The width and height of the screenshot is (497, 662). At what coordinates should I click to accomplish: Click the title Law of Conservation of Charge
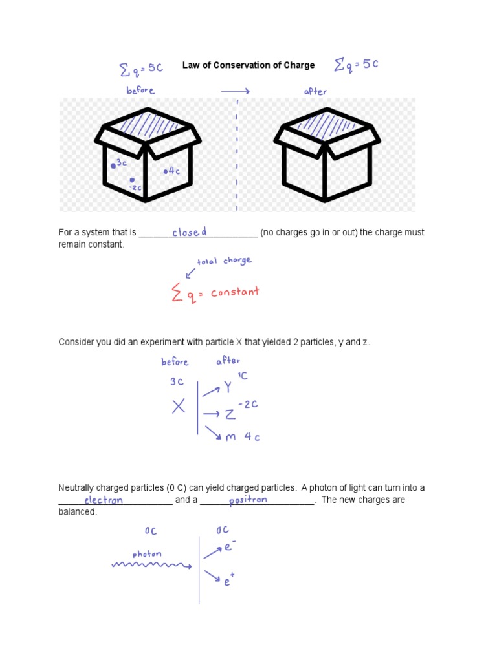[248, 65]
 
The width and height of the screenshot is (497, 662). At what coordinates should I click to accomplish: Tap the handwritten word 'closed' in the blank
[189, 232]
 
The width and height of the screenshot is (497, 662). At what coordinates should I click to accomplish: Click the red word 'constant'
[234, 292]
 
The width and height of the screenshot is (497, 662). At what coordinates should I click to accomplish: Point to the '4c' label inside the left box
[173, 171]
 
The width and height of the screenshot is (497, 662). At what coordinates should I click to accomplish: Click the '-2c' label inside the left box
[135, 187]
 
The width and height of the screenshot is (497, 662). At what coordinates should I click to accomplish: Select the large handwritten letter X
[179, 407]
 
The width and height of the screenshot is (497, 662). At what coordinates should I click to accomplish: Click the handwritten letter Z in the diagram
[230, 414]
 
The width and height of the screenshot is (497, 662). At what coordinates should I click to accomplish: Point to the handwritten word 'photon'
[147, 554]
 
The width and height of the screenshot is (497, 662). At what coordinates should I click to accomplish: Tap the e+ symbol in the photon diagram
[228, 581]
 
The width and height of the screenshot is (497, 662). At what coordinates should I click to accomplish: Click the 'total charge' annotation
[224, 261]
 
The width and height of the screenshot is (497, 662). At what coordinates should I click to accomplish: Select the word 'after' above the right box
[315, 92]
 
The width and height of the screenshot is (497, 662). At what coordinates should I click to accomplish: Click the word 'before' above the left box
[140, 91]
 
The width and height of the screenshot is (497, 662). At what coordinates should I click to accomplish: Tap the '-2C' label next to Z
[248, 405]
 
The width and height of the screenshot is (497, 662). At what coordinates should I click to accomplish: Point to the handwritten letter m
[230, 437]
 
